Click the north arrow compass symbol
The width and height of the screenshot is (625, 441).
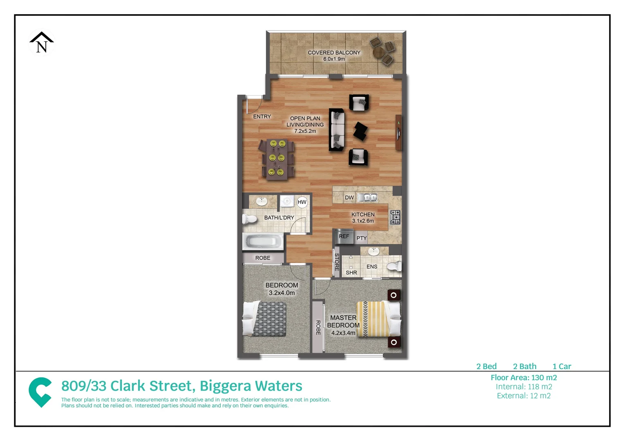41,42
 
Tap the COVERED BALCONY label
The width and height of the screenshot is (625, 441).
334,53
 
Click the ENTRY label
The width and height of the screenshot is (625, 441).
262,117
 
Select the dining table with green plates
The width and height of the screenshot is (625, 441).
277,159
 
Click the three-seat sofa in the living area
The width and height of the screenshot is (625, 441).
337,130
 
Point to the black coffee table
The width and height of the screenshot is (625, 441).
360,131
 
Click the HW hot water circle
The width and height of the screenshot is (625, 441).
302,202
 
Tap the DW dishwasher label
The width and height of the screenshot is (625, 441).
349,198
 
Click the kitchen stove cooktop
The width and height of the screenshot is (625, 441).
395,217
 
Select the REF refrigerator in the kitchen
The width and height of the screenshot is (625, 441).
344,236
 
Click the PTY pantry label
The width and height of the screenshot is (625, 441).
361,238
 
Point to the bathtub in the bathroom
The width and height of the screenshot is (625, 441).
263,241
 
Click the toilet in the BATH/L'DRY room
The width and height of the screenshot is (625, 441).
250,219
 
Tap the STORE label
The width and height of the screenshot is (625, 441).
337,262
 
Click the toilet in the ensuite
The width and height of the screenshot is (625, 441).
394,267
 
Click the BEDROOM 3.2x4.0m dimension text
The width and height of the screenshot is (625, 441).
282,293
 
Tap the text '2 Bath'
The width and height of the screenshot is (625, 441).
524,366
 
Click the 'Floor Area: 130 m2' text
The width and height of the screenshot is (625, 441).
524,378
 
